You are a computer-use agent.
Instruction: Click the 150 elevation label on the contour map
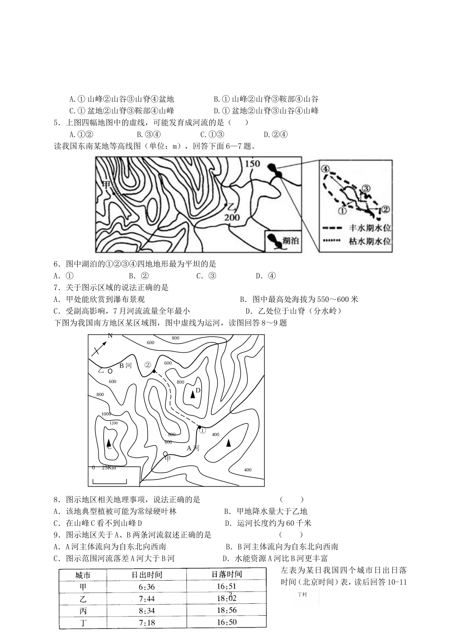coord(253,163)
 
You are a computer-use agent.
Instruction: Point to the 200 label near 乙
coord(232,218)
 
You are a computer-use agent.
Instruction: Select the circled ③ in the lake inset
coord(366,188)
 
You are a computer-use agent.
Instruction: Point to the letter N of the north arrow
coord(110,336)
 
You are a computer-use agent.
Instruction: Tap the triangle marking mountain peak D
coord(192,394)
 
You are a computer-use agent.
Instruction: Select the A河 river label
coord(193,448)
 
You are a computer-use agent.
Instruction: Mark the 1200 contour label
coord(114,423)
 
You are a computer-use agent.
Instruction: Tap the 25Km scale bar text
coord(108,468)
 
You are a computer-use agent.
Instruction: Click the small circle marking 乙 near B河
coord(110,371)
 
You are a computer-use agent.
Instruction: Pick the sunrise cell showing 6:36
coord(147,587)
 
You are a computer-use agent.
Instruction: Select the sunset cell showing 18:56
coord(226,610)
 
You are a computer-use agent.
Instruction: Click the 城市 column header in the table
coord(83,575)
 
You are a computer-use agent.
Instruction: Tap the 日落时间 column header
coord(226,574)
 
